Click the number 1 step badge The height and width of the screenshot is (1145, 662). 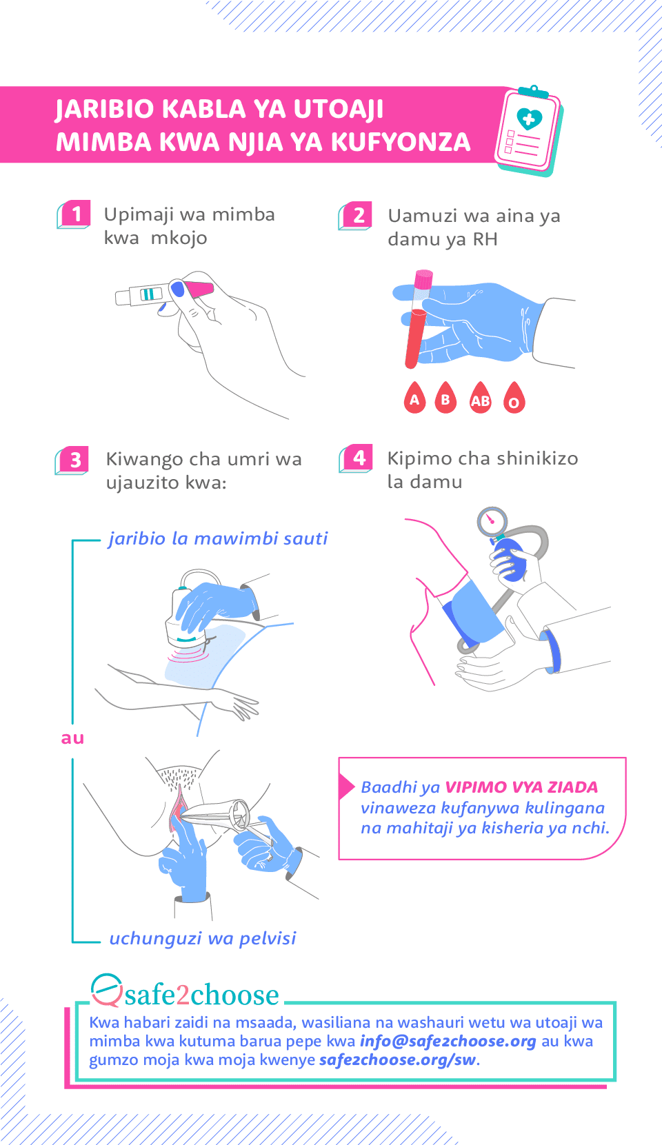[75, 214]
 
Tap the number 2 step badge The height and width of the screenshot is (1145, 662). [357, 215]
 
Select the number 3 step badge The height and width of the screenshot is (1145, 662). [74, 460]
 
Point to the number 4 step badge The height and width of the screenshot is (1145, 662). [358, 458]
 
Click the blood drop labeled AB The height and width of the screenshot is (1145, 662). [481, 398]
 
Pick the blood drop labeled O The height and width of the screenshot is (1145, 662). [514, 399]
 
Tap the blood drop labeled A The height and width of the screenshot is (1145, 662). [414, 398]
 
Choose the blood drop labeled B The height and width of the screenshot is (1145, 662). [445, 398]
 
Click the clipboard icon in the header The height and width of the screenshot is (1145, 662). [528, 131]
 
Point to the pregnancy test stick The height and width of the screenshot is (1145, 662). [165, 292]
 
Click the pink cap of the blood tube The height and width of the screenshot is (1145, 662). [423, 279]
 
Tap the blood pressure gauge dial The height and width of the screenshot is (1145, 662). [492, 521]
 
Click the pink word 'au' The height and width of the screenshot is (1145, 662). [72, 738]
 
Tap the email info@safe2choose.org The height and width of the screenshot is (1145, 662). [448, 1041]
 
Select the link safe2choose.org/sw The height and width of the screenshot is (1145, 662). [397, 1060]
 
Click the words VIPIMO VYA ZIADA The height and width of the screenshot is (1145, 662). [521, 787]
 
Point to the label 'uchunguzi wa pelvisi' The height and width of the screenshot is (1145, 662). [203, 938]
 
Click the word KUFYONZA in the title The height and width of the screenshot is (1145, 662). [401, 142]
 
